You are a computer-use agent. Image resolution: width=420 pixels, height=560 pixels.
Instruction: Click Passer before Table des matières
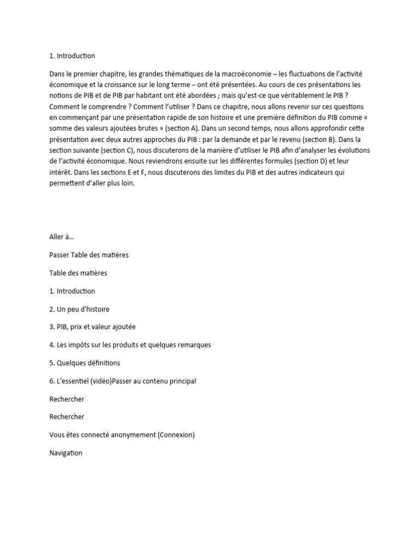60,255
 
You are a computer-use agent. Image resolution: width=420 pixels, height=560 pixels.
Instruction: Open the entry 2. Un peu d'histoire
79,309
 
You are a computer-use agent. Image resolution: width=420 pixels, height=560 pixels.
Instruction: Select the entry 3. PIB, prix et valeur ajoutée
92,326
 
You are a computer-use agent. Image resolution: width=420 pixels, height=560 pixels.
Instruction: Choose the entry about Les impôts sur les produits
130,345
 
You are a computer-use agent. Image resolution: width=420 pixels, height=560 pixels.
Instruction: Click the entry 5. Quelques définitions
85,363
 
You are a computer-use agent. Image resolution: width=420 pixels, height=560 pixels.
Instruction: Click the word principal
180,381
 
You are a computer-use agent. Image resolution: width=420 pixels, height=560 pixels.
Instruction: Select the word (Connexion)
176,435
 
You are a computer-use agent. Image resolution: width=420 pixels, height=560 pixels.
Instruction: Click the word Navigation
66,453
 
